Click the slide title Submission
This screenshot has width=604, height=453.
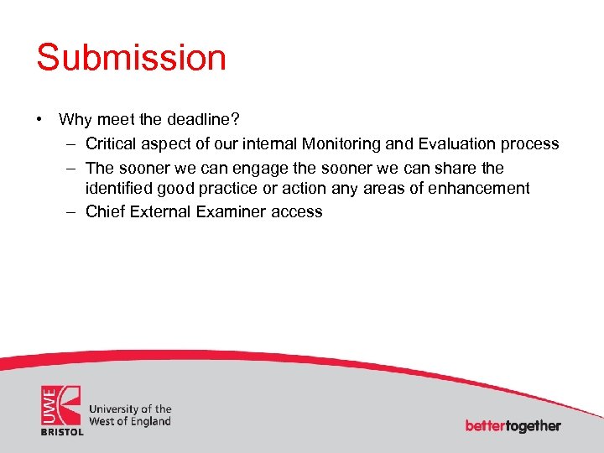tap(131, 58)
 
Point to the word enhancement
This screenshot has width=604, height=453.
tap(479, 189)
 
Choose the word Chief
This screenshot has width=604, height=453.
tap(105, 211)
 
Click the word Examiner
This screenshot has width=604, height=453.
tap(231, 211)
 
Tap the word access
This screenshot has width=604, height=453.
tap(297, 211)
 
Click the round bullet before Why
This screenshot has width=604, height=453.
tap(39, 120)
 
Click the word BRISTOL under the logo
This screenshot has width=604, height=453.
tap(62, 431)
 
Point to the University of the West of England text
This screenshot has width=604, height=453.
tap(130, 415)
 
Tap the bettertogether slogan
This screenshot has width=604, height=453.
tap(513, 425)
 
